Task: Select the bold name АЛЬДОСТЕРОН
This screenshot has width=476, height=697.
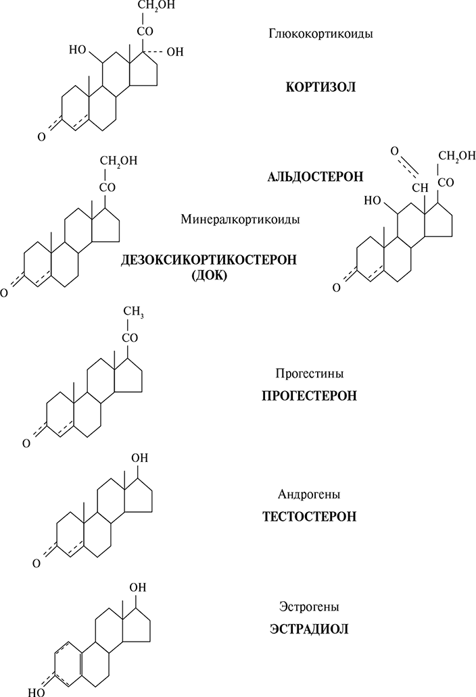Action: [x=316, y=176]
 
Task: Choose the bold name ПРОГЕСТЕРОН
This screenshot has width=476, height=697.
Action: [x=309, y=396]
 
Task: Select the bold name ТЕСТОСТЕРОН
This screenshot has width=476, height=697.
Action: [x=309, y=517]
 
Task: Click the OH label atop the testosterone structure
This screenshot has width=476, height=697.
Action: [x=139, y=457]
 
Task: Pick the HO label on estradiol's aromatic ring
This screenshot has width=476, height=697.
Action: [x=37, y=692]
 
